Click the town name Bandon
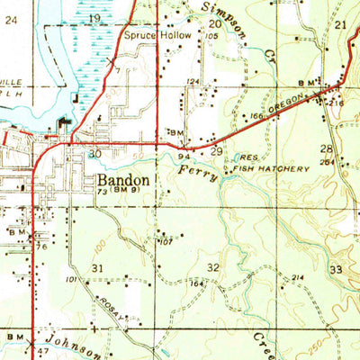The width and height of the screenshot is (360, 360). (123, 180)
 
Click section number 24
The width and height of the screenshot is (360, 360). (11, 17)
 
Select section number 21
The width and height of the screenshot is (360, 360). (339, 25)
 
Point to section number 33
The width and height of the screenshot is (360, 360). (337, 270)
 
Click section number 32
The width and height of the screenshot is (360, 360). (213, 267)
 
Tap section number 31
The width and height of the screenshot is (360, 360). (97, 268)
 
